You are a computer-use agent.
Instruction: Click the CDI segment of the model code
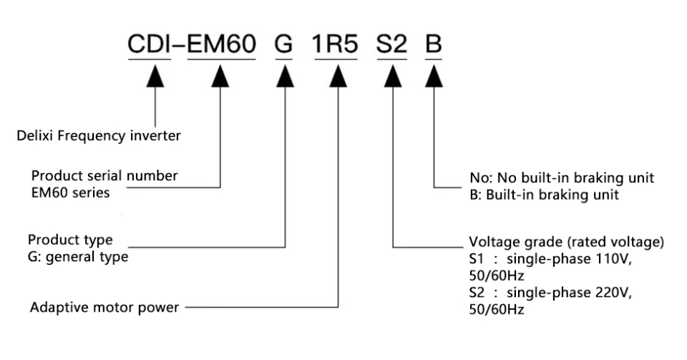149,44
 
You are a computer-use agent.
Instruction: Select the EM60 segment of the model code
222,44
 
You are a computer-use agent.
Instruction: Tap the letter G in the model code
283,44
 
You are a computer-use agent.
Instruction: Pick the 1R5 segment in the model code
335,44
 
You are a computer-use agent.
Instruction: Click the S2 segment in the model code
391,44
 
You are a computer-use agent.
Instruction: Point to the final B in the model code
434,44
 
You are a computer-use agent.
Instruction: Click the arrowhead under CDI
155,76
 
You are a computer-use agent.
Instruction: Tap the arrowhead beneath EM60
220,76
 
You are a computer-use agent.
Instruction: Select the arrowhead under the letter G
286,76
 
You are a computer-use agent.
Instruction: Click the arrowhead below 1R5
338,76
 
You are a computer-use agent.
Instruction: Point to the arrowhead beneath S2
393,76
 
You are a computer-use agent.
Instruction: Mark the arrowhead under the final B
434,76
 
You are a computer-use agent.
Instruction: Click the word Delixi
35,136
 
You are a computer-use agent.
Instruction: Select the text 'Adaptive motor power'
104,308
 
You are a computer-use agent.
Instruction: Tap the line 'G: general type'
78,257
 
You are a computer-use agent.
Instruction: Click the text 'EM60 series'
71,193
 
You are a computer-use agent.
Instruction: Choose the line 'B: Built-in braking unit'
544,195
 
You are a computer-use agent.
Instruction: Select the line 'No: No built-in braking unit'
562,177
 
